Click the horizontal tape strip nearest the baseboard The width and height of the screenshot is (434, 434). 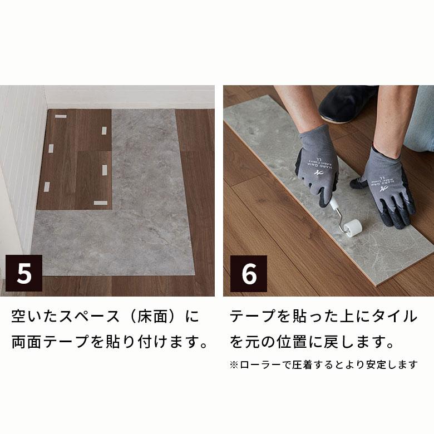pos(60,117)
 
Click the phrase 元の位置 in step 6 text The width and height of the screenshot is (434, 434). pos(283,341)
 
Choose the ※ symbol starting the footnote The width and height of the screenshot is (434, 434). pos(234,365)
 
